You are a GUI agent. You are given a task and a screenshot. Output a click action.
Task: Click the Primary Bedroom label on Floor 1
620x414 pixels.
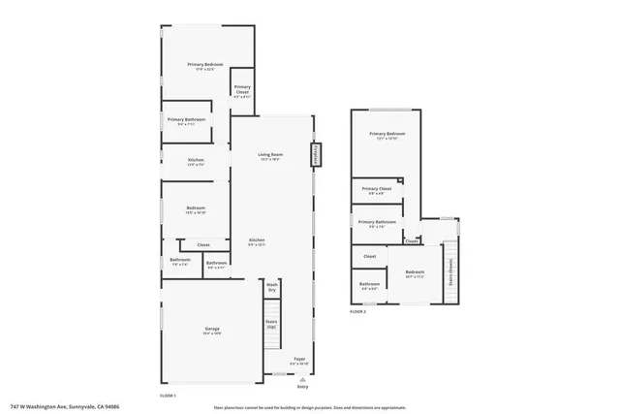(205, 66)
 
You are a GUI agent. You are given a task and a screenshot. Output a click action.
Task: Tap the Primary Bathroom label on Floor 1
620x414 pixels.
(186, 120)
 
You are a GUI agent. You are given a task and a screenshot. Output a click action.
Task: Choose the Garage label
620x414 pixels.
(212, 331)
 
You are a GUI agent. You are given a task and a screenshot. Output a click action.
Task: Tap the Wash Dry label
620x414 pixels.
(272, 289)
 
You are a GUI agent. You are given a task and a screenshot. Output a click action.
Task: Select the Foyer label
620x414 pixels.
(299, 360)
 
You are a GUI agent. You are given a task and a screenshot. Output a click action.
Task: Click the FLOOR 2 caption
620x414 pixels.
(357, 311)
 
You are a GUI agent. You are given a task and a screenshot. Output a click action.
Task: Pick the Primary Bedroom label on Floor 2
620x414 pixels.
(387, 135)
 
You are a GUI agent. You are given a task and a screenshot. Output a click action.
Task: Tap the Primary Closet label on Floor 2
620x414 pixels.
(376, 190)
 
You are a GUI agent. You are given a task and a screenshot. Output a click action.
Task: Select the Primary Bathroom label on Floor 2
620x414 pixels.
(376, 223)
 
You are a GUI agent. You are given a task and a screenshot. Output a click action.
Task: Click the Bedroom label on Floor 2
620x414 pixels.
(415, 272)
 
